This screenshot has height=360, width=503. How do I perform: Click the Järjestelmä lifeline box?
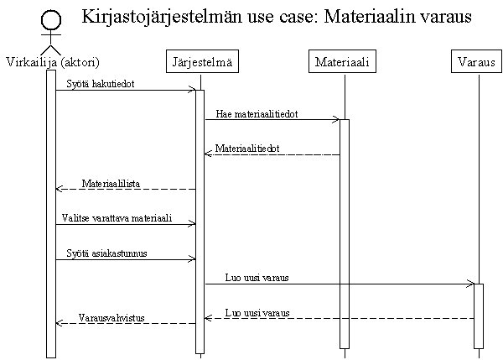[202, 61]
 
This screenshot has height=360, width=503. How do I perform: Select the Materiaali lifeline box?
[342, 61]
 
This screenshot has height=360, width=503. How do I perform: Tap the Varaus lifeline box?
[476, 61]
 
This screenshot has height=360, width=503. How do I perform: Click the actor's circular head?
[51, 20]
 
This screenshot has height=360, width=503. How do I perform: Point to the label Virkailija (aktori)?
[53, 62]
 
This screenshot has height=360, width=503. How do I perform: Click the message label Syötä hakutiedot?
[101, 84]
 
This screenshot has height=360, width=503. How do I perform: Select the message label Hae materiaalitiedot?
[257, 113]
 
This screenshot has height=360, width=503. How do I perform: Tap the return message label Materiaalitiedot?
[247, 148]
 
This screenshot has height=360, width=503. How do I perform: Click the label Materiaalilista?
[111, 184]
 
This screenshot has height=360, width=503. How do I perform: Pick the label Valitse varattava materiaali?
[117, 218]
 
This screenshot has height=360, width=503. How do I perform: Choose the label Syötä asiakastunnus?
[106, 253]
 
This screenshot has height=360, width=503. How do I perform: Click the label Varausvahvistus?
[111, 317]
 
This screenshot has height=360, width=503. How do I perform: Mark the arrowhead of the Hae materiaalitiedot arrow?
[336, 120]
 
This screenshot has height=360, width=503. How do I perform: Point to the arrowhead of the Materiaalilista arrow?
[59, 189]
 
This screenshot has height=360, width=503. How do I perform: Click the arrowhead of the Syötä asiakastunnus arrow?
[192, 258]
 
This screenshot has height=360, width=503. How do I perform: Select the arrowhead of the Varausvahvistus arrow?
[59, 323]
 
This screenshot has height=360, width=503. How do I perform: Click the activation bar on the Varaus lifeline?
[479, 316]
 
